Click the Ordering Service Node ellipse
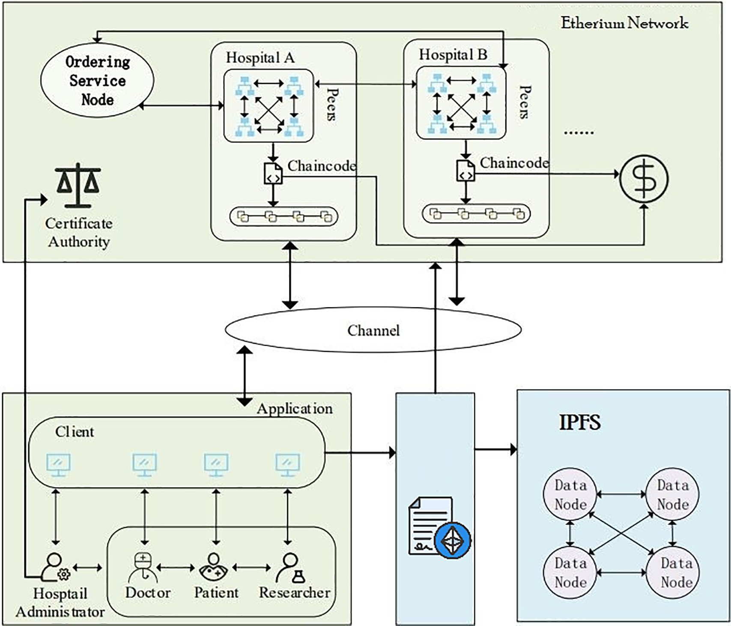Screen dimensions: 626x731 (97, 81)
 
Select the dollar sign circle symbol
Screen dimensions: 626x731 (644, 179)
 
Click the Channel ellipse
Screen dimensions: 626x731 (373, 330)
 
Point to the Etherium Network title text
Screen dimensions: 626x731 (624, 23)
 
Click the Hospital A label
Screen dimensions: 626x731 (260, 57)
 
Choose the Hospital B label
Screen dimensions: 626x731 (453, 54)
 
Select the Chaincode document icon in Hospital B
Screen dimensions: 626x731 (465, 171)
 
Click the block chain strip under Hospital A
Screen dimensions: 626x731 (284, 216)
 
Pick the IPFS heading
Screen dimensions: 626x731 (580, 422)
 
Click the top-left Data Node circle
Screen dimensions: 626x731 (570, 494)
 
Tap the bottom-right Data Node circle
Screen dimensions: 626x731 (672, 572)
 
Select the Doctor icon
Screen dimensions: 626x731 (143, 566)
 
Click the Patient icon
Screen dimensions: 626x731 (213, 566)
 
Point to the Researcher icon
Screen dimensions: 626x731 (290, 567)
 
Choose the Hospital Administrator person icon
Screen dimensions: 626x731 (55, 567)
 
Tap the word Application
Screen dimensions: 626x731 (295, 409)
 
